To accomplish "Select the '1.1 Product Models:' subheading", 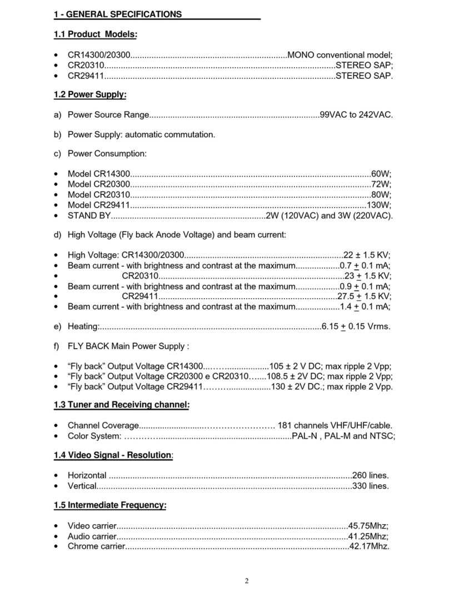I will [95, 34].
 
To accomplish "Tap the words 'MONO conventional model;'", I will [340, 55].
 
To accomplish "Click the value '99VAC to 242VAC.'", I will [356, 115].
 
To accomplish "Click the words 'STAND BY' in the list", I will [86, 215].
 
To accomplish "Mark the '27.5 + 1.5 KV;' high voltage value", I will [364, 296].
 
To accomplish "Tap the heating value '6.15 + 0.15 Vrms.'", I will [356, 326].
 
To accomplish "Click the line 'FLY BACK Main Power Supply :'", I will [128, 346].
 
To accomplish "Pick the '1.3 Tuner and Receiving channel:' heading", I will [122, 405].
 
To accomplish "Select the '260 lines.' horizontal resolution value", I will [371, 476].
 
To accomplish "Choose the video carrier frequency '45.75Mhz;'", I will [368, 525].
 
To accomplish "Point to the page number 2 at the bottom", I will [247, 581].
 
